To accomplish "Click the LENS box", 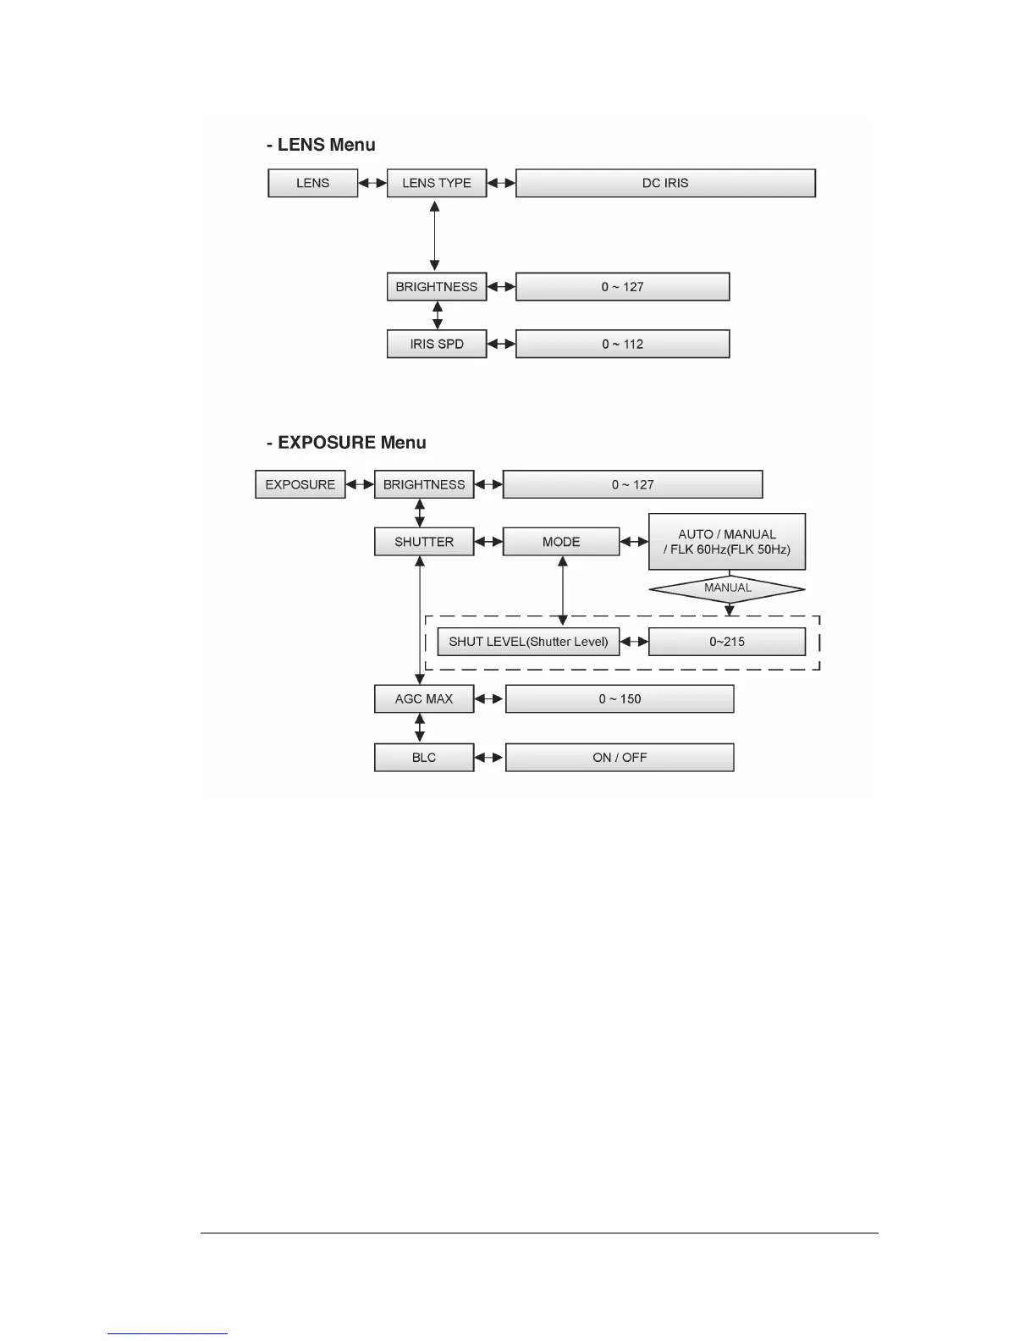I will click(312, 183).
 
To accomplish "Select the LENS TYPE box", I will click(437, 183).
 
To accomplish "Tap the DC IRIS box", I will click(665, 183).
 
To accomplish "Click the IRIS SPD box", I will click(437, 344).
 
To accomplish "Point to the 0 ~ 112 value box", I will click(622, 344).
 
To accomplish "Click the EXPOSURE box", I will click(300, 484).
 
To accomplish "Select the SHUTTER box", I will click(424, 542).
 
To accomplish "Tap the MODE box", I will click(561, 542).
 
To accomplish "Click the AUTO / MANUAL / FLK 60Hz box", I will click(727, 542).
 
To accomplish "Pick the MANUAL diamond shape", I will click(727, 588).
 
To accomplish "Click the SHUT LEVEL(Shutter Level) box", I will click(528, 642).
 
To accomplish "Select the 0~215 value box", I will click(727, 642).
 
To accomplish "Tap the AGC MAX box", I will click(424, 699).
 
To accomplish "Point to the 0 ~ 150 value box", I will click(620, 699).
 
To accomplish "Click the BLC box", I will click(424, 758).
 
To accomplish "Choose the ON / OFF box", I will click(620, 758).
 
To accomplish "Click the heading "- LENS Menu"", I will click(322, 145).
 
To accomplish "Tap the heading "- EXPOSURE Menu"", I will click(347, 443).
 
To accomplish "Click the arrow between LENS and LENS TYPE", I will click(372, 183).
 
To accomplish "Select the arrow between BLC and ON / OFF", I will click(489, 758).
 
